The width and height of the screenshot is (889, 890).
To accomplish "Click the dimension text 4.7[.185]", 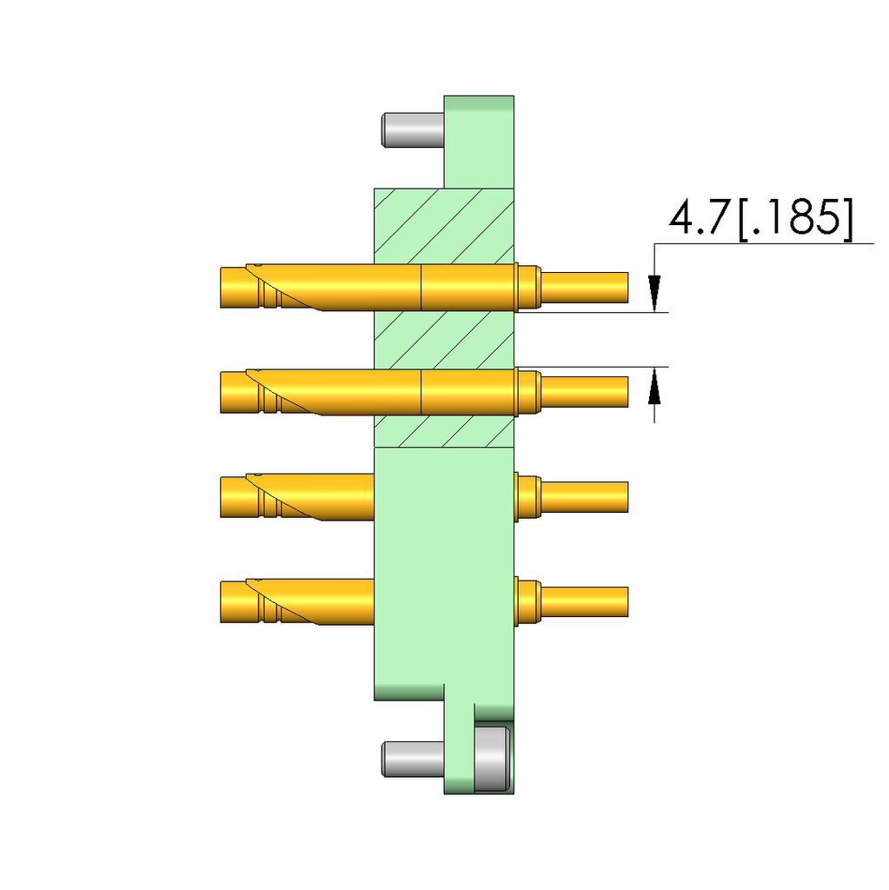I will point(760,219).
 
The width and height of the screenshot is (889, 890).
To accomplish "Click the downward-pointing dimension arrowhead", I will point(654,290).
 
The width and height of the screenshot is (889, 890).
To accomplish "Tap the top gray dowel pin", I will point(413,129).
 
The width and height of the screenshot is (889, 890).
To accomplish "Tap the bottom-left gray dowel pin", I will point(413,758).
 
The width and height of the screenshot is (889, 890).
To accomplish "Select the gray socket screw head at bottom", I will point(492,759).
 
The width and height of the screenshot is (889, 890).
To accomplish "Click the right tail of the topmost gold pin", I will point(584,288).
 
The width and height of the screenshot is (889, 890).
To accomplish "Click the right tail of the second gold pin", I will point(584,392).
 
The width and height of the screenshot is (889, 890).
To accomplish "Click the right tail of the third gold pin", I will point(584,497).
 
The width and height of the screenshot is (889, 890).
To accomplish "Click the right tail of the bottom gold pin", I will point(584,601).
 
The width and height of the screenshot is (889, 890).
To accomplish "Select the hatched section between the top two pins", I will point(443,340).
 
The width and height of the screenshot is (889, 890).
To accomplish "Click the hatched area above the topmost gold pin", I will point(443,224).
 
